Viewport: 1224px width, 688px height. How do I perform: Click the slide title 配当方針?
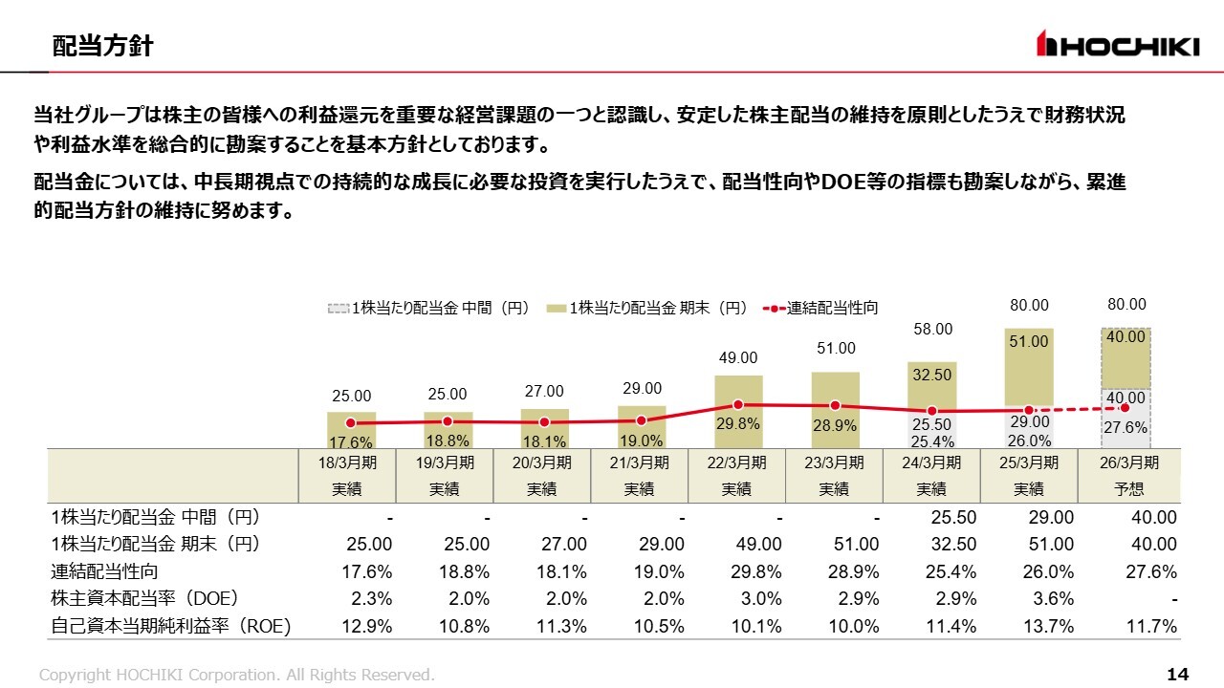[x=102, y=46]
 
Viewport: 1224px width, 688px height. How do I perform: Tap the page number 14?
[x=1177, y=675]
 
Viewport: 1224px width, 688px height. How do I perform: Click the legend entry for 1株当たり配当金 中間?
[x=428, y=308]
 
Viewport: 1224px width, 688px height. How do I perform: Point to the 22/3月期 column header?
[x=736, y=475]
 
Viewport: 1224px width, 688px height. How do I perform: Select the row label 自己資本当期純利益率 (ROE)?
[x=171, y=627]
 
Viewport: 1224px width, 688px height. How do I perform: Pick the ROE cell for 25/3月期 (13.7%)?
[x=1049, y=627]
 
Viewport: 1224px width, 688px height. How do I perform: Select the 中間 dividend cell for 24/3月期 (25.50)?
[x=952, y=518]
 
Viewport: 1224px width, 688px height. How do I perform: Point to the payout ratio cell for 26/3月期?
[x=1152, y=571]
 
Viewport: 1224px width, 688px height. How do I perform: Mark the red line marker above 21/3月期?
[x=642, y=420]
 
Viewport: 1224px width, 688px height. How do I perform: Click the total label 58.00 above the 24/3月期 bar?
[x=932, y=329]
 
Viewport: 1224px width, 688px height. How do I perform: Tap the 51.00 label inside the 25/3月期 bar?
[x=1030, y=341]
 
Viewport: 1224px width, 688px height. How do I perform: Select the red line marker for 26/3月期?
[x=1126, y=408]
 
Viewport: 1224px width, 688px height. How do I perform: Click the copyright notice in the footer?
[x=236, y=675]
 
